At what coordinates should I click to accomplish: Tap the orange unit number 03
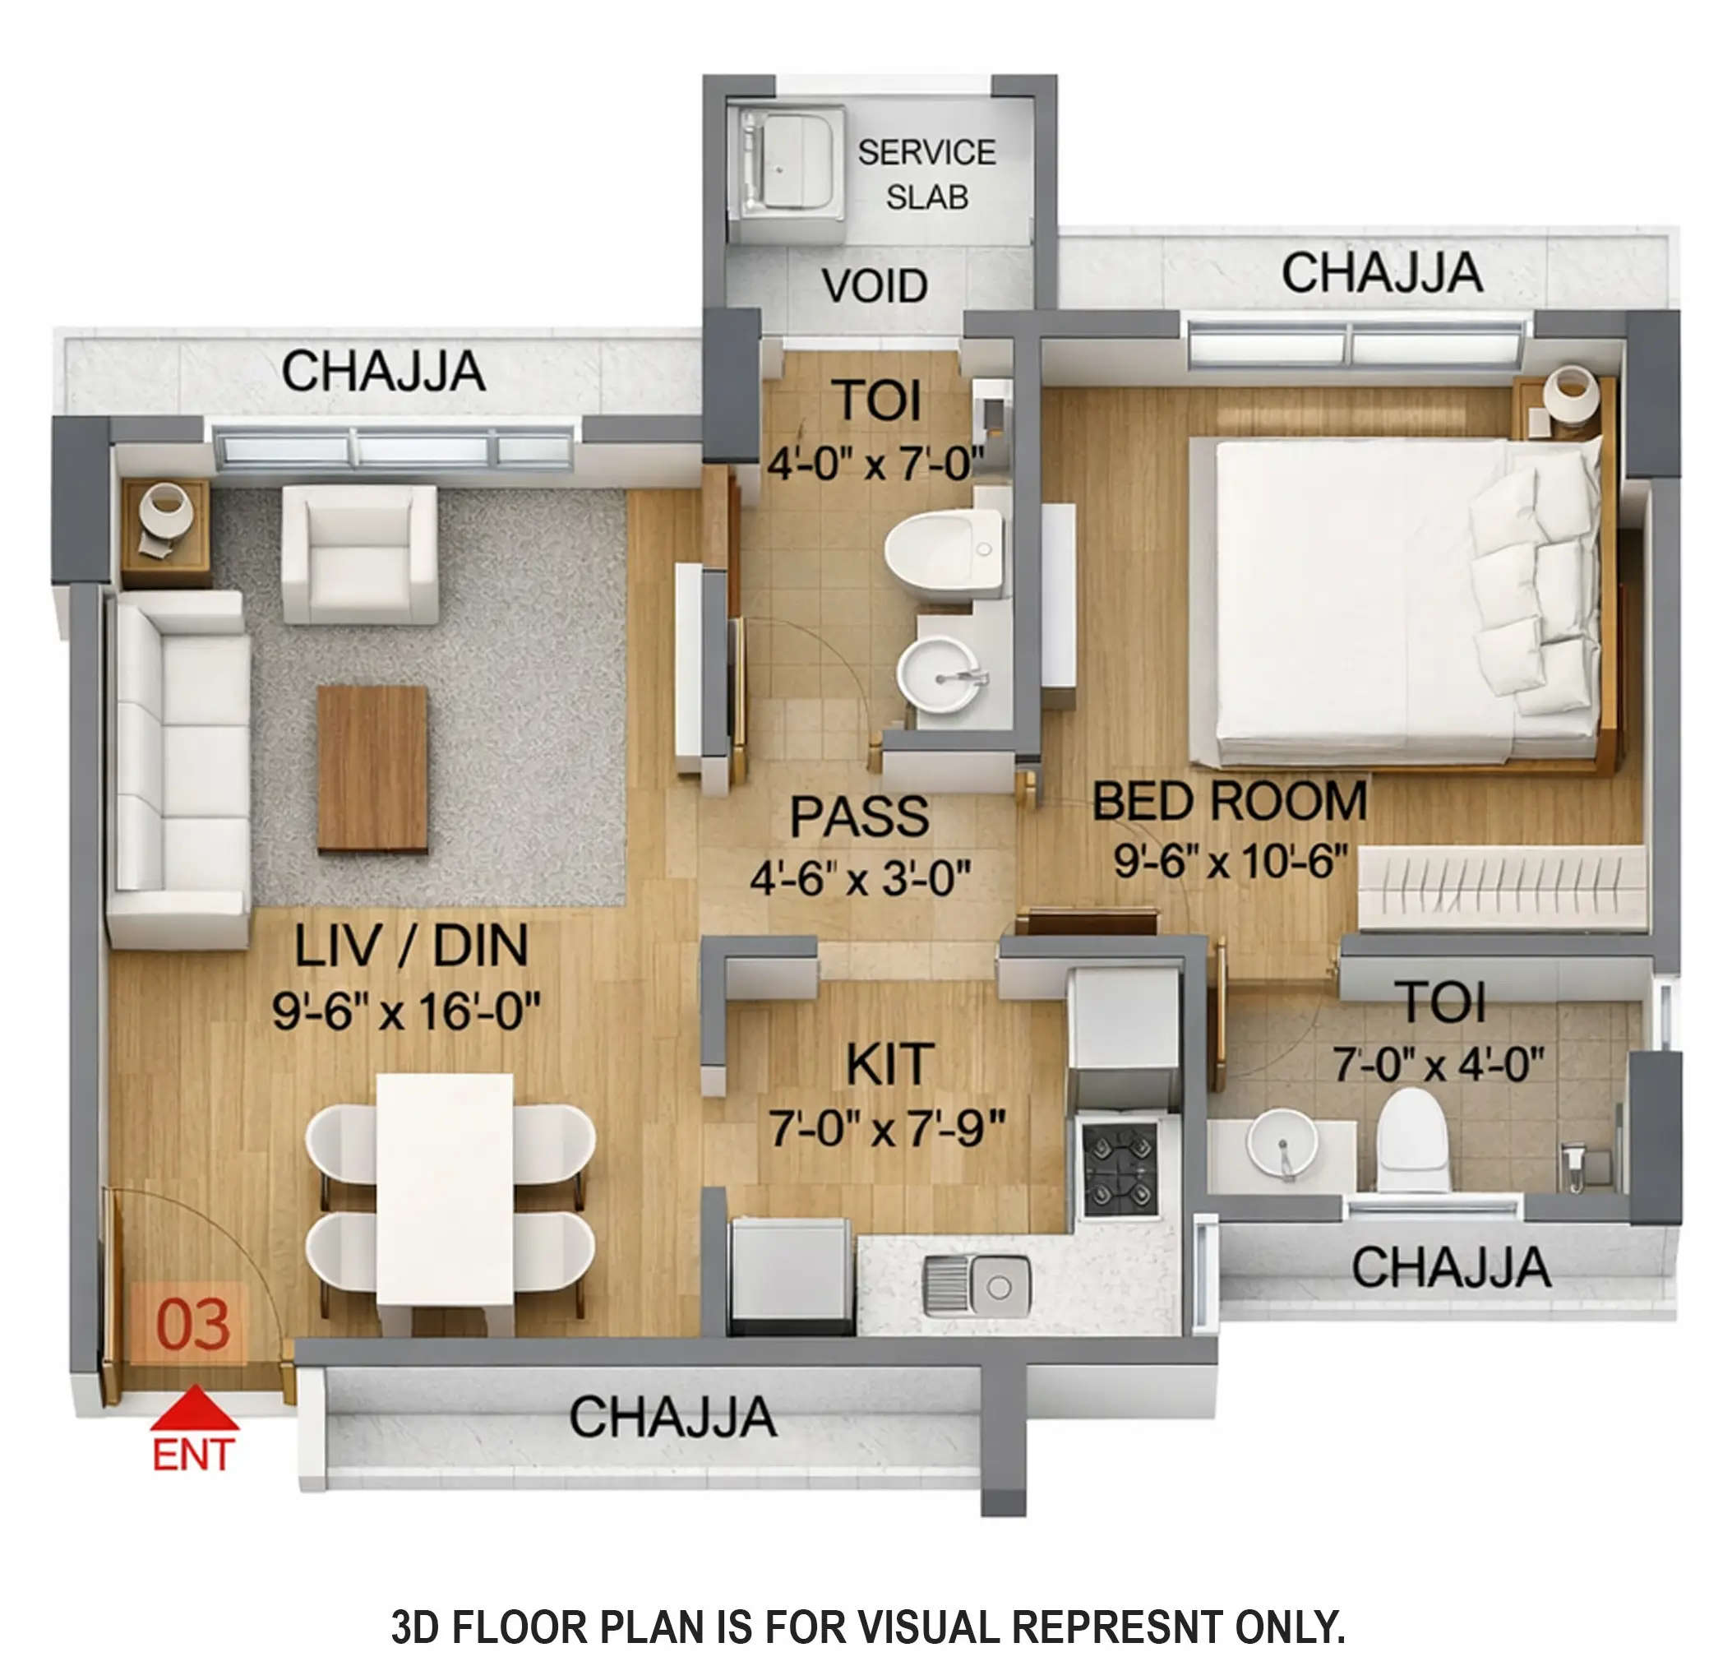pos(192,1324)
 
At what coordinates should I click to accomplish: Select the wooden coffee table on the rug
pos(372,768)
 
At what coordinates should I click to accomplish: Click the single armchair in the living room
pos(360,553)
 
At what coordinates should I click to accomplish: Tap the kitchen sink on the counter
pos(977,1286)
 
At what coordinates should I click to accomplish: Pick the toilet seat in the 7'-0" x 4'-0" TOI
pos(1413,1139)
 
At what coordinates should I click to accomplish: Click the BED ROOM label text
pos(1229,801)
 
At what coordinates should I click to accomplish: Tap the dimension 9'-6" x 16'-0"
pos(405,1011)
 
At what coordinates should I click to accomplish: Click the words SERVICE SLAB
pos(926,174)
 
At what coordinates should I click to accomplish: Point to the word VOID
pos(874,285)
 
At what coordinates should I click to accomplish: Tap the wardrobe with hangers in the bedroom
pos(1500,887)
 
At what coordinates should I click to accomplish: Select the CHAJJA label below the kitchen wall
pos(672,1418)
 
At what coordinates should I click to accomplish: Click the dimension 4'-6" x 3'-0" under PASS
pos(860,878)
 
